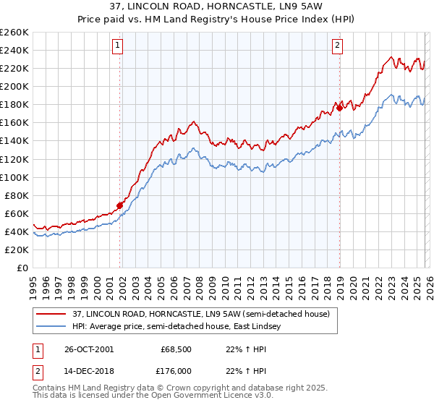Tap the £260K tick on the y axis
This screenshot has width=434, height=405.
pyautogui.click(x=14, y=33)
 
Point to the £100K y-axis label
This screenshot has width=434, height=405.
pyautogui.click(x=14, y=177)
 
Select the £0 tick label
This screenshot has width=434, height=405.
pyautogui.click(x=22, y=268)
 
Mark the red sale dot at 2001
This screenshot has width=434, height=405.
pyautogui.click(x=120, y=205)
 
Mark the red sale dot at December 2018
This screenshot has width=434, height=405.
pyautogui.click(x=339, y=108)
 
